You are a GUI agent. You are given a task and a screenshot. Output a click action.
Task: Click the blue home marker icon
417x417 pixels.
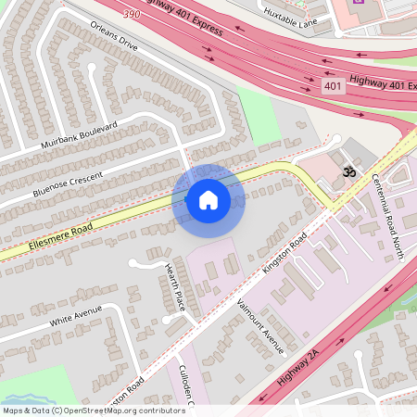tap(208, 200)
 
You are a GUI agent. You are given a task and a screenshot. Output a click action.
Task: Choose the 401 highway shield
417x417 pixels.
tap(334, 86)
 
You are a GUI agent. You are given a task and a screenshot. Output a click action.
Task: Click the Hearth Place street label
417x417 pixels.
tap(174, 286)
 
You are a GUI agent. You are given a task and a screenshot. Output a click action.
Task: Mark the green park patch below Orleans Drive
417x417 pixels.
tap(259, 116)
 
